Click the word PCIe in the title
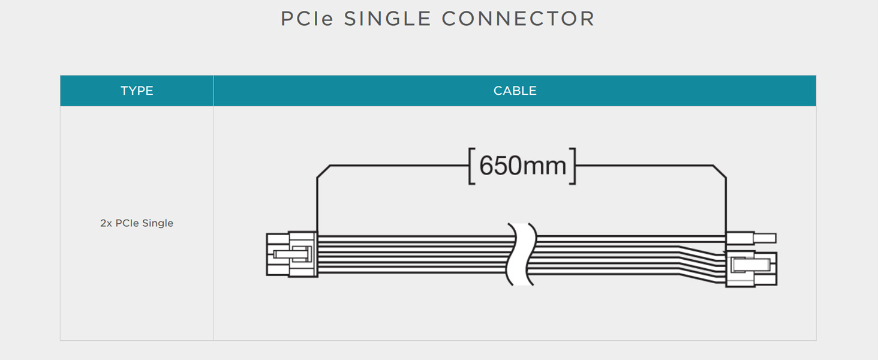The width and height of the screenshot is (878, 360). [307, 19]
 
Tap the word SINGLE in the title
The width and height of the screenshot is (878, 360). [387, 19]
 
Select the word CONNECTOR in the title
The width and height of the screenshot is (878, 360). [518, 19]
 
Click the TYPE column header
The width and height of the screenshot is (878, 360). [137, 91]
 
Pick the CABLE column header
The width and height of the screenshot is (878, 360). [515, 91]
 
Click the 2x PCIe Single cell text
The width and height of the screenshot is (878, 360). [137, 223]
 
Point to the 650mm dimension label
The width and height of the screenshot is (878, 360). [523, 166]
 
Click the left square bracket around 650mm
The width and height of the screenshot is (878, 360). [471, 166]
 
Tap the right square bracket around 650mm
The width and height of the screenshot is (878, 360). [573, 166]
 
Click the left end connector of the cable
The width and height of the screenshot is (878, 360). [292, 254]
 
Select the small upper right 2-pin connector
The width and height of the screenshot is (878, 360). [751, 238]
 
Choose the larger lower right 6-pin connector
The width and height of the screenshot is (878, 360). [751, 269]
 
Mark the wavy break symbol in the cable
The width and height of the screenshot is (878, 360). [521, 254]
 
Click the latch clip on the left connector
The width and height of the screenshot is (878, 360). [293, 254]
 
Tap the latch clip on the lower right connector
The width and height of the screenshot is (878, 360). [751, 265]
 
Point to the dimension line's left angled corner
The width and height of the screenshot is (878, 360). [323, 172]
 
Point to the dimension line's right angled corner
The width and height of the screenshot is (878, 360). [720, 172]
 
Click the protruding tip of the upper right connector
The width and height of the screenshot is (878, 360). [765, 238]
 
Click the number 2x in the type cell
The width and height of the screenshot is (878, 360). [106, 223]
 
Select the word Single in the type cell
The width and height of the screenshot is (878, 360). [158, 223]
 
